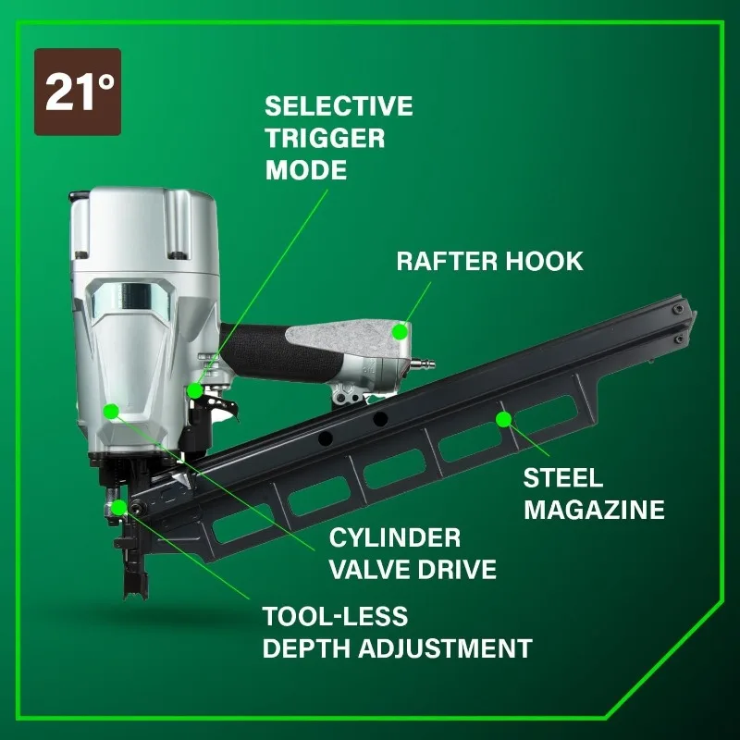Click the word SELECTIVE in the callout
339,105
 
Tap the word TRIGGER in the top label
325,138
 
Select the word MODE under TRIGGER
305,170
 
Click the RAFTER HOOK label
490,261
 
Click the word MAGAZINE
594,510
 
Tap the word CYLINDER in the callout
395,537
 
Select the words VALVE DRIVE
413,569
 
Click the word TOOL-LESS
335,616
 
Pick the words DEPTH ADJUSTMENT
397,647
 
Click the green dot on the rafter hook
400,330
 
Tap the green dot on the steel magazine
503,420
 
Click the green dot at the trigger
194,389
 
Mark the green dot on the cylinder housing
111,411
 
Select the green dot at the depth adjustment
119,507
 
